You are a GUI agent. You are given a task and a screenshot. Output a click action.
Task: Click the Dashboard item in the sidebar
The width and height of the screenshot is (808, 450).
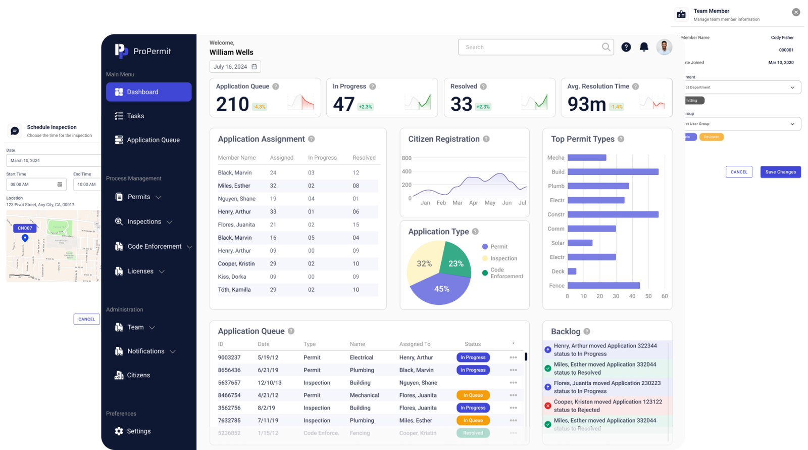(148, 92)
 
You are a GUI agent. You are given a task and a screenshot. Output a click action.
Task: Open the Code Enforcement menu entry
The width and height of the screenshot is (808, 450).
(154, 246)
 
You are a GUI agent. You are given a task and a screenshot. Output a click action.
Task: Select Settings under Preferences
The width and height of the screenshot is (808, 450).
(138, 431)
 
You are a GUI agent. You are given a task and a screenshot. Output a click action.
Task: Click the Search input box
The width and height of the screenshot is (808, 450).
(530, 47)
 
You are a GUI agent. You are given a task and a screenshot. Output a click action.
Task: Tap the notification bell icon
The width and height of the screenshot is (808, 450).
(644, 47)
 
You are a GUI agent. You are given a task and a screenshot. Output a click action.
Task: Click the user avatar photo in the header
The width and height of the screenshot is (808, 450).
(664, 47)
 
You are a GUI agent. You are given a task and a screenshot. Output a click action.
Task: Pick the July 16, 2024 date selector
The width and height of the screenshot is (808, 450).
(235, 67)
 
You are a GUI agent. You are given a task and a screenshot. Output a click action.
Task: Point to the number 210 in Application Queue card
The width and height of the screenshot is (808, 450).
(232, 104)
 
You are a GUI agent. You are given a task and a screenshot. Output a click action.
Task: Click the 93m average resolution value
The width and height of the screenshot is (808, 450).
(586, 104)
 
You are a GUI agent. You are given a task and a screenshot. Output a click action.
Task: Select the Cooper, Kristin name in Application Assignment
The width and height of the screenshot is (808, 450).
(236, 264)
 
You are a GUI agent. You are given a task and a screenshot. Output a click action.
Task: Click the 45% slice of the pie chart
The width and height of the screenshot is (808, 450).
(441, 289)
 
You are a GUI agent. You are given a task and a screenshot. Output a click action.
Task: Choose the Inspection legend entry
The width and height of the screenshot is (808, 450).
(503, 258)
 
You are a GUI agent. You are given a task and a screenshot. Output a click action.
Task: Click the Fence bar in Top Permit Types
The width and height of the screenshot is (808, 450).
(603, 286)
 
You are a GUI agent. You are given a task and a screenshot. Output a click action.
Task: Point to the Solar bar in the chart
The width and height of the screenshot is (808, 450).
(579, 243)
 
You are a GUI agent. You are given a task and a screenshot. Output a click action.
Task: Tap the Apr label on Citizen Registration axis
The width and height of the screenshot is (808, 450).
(473, 203)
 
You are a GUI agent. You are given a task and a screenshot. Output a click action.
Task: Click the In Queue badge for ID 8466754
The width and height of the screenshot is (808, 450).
(473, 395)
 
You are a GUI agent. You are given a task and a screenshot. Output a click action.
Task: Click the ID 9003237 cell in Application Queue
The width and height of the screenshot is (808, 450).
(229, 357)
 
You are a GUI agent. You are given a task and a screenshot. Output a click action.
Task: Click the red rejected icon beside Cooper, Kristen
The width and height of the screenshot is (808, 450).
(547, 406)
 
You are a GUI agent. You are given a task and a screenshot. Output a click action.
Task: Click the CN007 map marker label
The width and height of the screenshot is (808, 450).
(25, 228)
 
